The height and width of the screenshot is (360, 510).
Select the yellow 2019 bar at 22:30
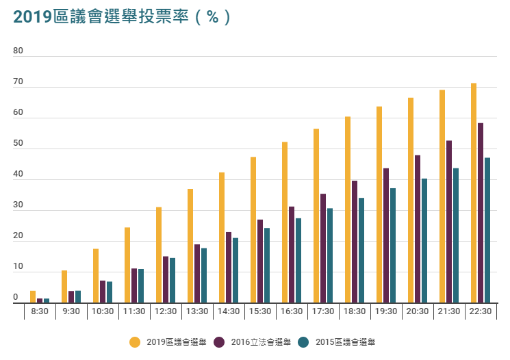tap(474, 193)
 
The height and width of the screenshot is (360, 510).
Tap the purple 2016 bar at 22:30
tap(481, 213)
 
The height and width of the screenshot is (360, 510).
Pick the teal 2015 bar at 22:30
tap(487, 230)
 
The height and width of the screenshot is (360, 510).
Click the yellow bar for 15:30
tap(253, 230)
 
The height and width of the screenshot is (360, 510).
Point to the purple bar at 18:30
tap(355, 242)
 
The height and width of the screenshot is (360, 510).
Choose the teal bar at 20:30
tap(424, 240)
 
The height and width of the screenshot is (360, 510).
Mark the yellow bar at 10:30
tap(96, 276)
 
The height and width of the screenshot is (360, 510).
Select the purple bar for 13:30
tap(197, 274)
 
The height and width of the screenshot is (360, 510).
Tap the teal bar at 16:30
tap(298, 260)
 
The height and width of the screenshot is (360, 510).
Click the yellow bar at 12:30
tap(159, 255)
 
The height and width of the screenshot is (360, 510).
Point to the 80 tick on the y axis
tap(18, 51)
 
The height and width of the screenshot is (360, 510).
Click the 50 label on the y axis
tap(18, 144)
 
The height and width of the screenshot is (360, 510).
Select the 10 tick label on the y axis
tap(18, 267)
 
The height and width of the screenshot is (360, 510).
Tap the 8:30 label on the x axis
tap(40, 311)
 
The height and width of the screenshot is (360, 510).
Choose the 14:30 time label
tap(229, 311)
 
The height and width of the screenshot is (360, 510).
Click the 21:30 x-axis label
tap(449, 311)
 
